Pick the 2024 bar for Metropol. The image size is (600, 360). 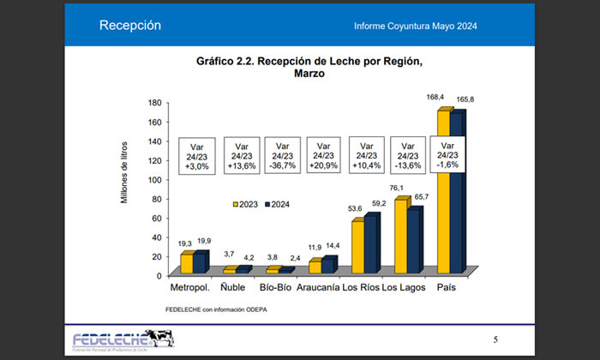click(200, 263)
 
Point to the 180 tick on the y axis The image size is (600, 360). click(155, 102)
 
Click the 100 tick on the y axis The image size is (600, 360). click(155, 179)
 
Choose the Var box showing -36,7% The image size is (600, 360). click(283, 155)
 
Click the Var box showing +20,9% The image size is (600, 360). click(325, 155)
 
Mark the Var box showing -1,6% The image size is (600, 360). click(453, 155)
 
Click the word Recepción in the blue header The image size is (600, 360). click(130, 25)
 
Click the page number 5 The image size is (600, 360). click(496, 340)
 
